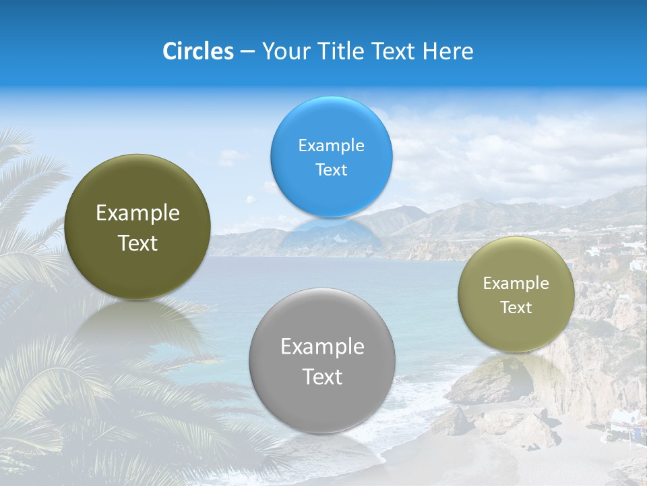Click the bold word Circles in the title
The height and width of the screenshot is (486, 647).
pyautogui.click(x=198, y=51)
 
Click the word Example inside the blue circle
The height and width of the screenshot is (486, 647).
pyautogui.click(x=331, y=145)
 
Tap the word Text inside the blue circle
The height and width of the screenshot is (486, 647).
pyautogui.click(x=331, y=169)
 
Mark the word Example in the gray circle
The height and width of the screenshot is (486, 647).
pyautogui.click(x=322, y=347)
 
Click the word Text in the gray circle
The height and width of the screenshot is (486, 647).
pyautogui.click(x=322, y=377)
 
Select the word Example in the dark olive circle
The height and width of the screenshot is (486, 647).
pyautogui.click(x=137, y=213)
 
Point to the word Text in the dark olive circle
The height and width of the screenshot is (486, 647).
pyautogui.click(x=137, y=243)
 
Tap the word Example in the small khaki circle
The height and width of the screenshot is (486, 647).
pyautogui.click(x=516, y=283)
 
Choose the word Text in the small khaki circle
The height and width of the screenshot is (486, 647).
pyautogui.click(x=516, y=308)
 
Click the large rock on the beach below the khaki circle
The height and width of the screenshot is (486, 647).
pyautogui.click(x=480, y=382)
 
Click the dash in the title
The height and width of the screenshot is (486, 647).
pyautogui.click(x=247, y=51)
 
